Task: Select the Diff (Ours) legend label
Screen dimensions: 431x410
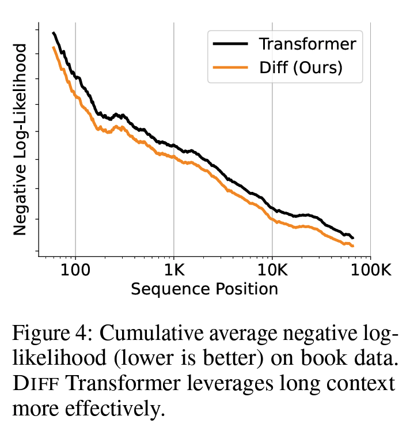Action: pos(301,67)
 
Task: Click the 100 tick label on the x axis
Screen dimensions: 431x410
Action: pos(75,270)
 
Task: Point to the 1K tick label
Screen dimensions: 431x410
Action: pos(173,270)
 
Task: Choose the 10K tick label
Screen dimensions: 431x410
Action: pos(272,270)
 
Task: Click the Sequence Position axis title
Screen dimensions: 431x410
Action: pos(204,288)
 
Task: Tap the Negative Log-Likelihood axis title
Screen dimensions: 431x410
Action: pos(20,139)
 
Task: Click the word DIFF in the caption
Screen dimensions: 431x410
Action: pos(32,384)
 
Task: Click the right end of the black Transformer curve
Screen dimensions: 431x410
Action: pos(353,237)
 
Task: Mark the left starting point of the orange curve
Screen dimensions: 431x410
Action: pos(53,47)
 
